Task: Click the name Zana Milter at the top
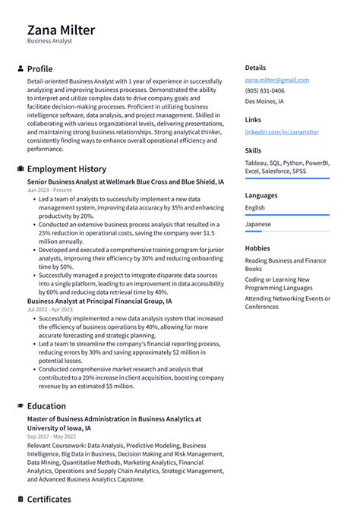(62, 30)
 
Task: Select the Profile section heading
(40, 69)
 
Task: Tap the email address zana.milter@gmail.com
(276, 80)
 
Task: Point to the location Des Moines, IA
(264, 101)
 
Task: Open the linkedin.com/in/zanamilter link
(281, 131)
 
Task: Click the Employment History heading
(67, 169)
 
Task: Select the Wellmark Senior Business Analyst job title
(125, 183)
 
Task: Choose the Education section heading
(47, 406)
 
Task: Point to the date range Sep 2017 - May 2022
(52, 437)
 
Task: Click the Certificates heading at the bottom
(49, 500)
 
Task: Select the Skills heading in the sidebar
(253, 150)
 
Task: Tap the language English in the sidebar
(255, 207)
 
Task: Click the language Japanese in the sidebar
(257, 225)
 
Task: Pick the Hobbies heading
(257, 248)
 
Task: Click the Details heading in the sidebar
(255, 68)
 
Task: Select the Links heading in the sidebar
(253, 119)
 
